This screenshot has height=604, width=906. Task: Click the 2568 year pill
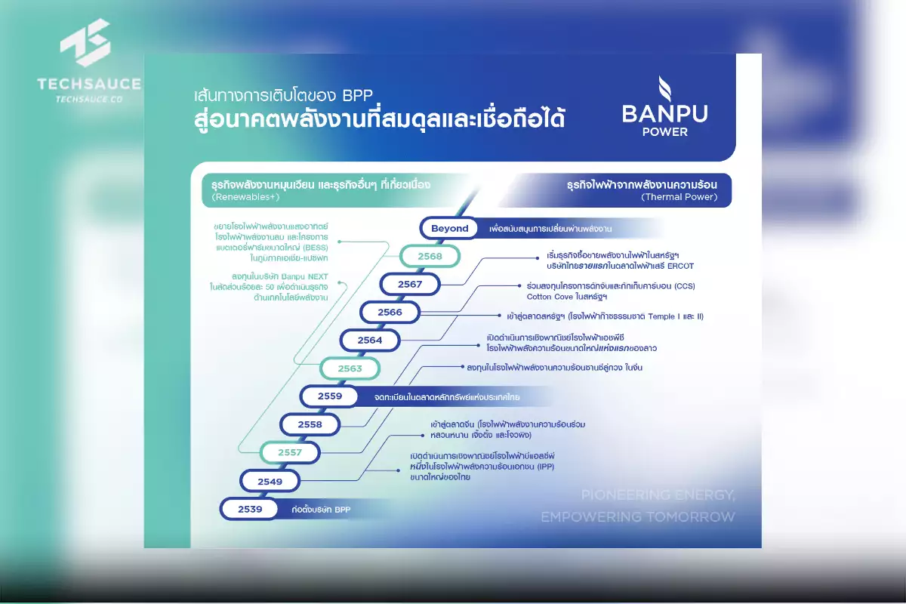[430, 256]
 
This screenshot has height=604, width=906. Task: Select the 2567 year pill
[409, 285]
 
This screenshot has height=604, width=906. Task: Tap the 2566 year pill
[390, 312]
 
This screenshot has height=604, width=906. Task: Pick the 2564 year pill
[370, 341]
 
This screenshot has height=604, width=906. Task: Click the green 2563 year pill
[350, 368]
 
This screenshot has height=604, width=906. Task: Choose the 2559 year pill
[330, 396]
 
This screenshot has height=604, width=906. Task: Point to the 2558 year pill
[310, 424]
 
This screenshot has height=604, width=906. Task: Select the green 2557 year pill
[291, 453]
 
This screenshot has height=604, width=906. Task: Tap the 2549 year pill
[270, 481]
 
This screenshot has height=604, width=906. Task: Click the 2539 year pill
[250, 509]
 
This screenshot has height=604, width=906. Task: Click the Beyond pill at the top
[449, 228]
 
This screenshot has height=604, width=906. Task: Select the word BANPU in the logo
[665, 114]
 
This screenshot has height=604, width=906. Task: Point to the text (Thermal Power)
[679, 198]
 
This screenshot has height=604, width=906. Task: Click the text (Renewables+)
[246, 198]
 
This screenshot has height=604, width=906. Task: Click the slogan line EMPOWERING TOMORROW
[637, 516]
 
